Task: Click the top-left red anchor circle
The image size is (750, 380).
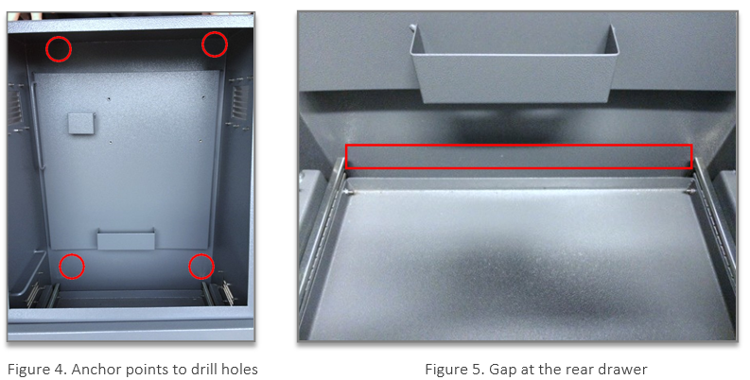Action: click(59, 48)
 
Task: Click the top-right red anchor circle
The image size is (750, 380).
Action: click(215, 43)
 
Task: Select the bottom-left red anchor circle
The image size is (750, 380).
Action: click(71, 267)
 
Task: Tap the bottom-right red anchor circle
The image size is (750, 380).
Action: click(201, 267)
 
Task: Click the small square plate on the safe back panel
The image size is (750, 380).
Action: click(80, 122)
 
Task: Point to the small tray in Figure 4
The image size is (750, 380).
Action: click(126, 238)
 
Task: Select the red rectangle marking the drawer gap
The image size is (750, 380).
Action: click(518, 156)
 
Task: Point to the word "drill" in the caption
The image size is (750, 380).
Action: click(201, 369)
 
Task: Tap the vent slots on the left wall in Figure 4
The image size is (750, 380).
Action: click(15, 104)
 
